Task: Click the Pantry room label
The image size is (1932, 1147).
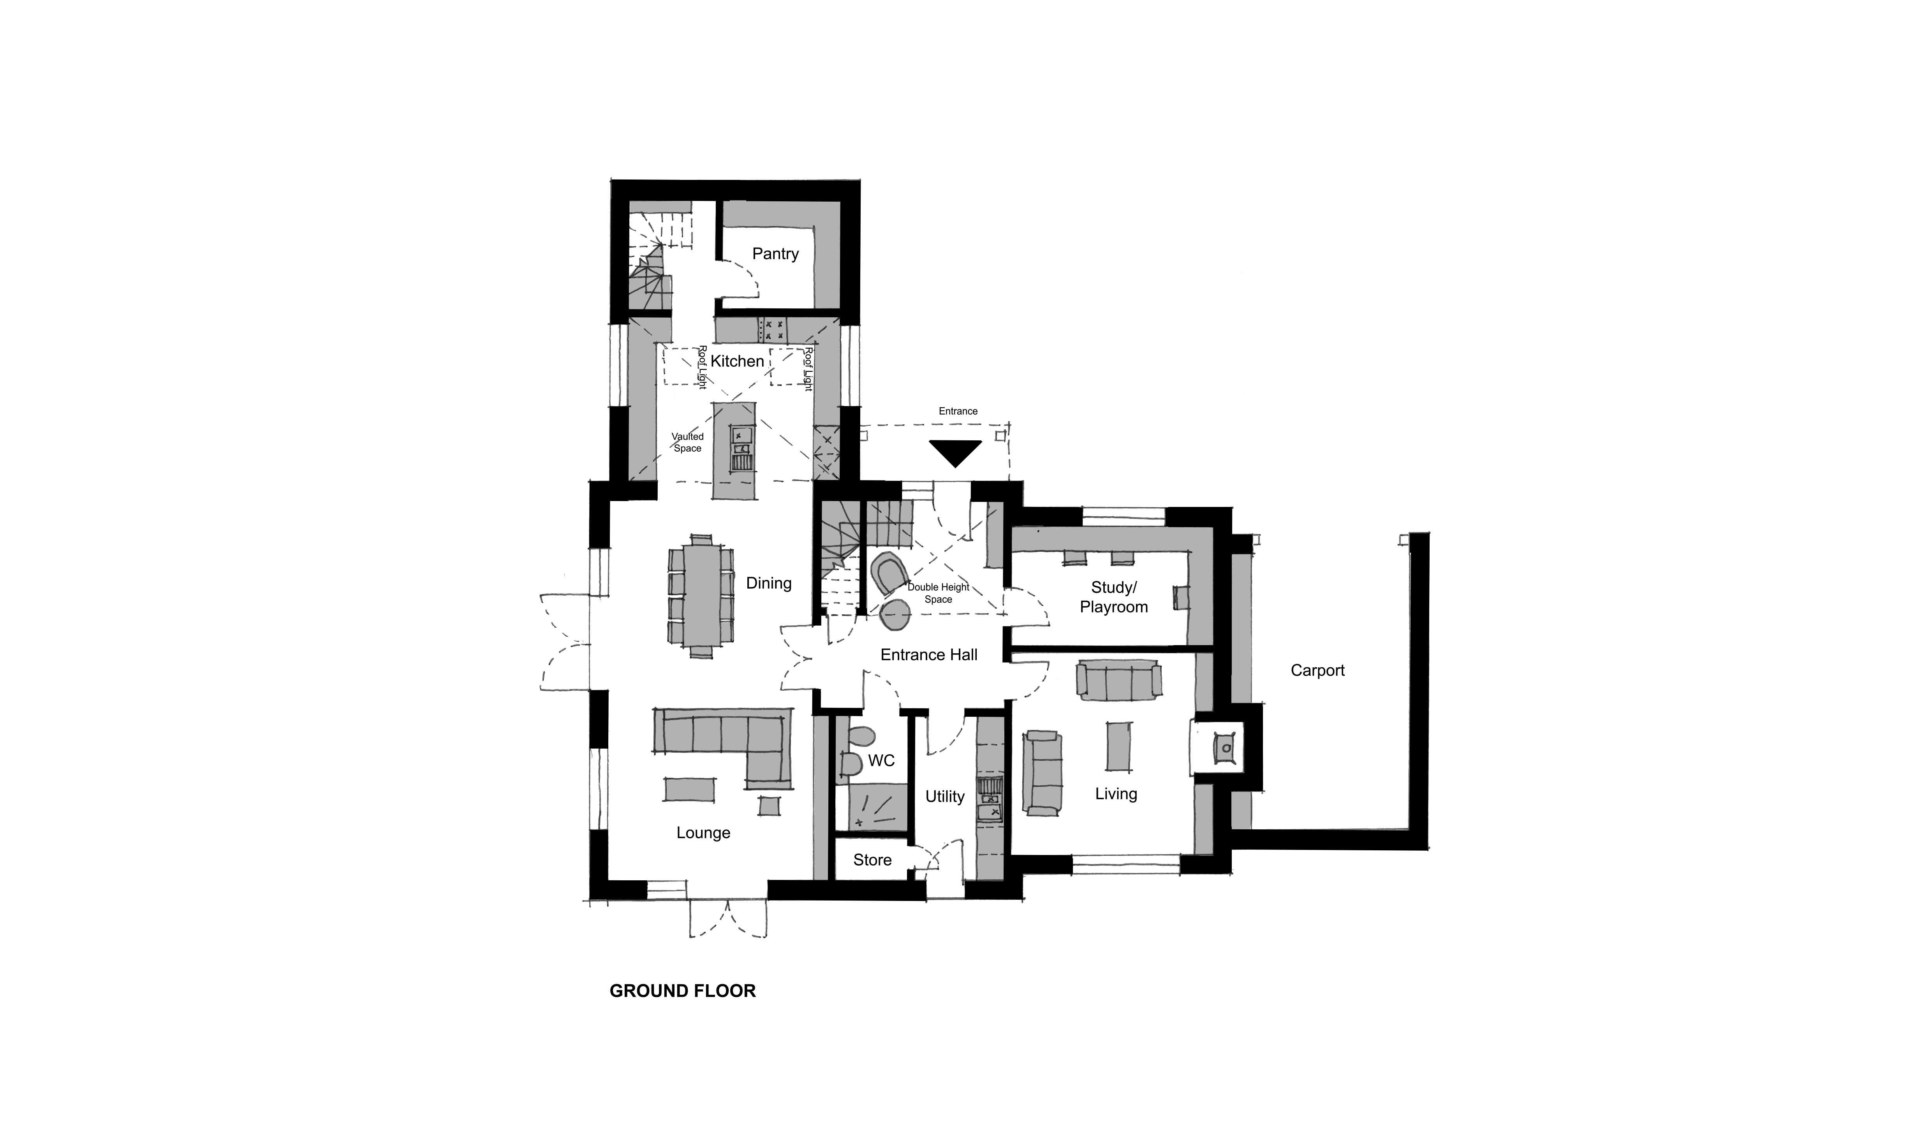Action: coord(775,253)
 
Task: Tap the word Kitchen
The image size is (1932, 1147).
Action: coord(737,361)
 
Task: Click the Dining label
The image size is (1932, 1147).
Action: coord(768,583)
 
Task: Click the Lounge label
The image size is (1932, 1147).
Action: coord(703,832)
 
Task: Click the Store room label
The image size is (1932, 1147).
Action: coord(872,860)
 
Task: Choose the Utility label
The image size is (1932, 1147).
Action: coord(945,796)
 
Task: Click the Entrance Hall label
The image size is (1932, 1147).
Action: coord(928,654)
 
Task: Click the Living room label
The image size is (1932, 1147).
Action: coord(1116,793)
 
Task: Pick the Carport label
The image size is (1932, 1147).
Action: coord(1317,670)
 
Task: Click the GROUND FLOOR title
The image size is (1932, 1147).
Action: coord(683,991)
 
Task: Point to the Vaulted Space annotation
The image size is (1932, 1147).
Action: coord(687,442)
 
